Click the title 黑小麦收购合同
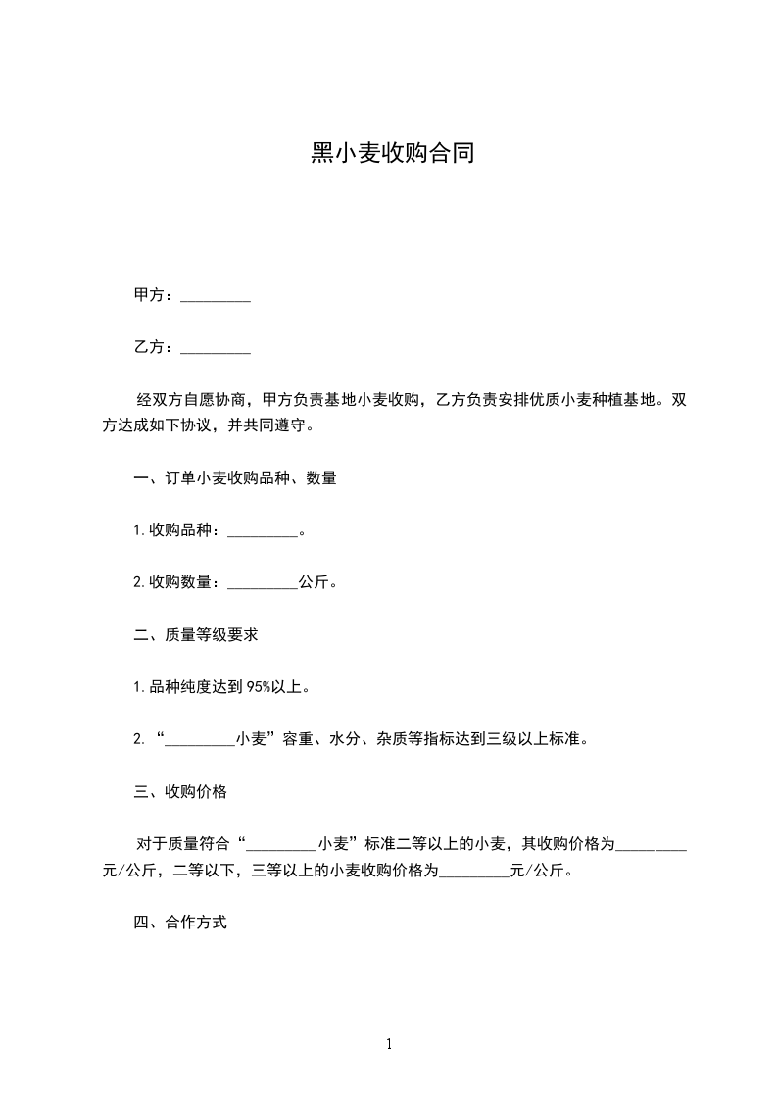[392, 154]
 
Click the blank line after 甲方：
[216, 296]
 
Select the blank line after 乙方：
[216, 348]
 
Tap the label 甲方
[149, 295]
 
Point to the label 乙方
[149, 347]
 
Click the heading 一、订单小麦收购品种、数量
[235, 478]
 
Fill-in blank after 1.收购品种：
[262, 531]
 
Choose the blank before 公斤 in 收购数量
[262, 583]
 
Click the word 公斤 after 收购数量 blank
[314, 582]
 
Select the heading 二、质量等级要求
[196, 634]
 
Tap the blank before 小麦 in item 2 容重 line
[200, 740]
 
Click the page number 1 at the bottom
[389, 1044]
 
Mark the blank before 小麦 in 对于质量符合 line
[281, 845]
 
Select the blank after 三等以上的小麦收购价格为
[474, 871]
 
